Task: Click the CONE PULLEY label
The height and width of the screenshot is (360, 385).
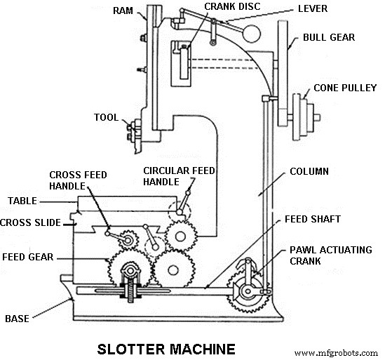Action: point(345,88)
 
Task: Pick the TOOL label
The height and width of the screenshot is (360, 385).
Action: point(106,117)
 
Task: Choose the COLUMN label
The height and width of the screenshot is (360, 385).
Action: point(309,171)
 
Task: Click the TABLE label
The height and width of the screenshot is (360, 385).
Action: point(22,201)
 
